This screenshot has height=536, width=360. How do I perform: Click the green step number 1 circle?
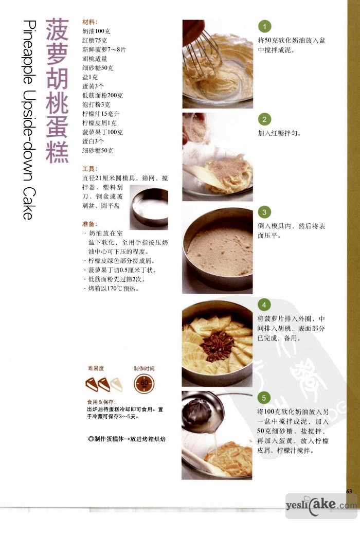(x=264, y=26)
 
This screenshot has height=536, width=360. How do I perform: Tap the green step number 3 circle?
(x=264, y=212)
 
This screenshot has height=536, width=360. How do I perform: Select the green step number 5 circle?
(x=264, y=398)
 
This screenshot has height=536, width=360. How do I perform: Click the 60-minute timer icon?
(x=144, y=383)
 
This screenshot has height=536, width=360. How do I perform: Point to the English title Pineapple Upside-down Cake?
(x=29, y=120)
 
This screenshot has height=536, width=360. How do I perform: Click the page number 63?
(x=349, y=491)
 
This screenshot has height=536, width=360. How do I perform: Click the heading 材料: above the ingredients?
(x=90, y=22)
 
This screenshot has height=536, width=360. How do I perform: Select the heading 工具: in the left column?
(x=90, y=169)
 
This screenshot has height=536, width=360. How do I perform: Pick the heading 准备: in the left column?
(x=90, y=224)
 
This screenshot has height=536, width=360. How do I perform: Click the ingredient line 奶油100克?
(x=96, y=31)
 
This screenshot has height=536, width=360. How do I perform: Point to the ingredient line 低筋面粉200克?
(x=102, y=96)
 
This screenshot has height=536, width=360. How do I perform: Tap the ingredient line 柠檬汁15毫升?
(x=101, y=114)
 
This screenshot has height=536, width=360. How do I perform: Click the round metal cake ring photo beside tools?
(x=149, y=207)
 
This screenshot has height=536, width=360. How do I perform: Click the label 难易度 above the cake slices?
(x=96, y=368)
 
